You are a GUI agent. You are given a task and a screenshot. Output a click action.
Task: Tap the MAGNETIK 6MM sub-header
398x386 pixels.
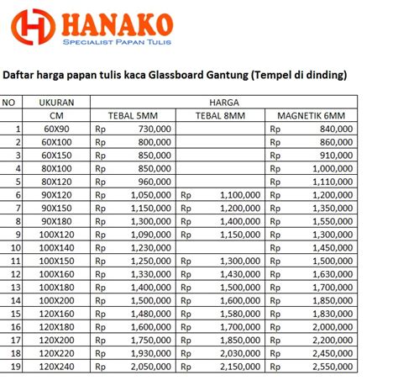(x=310, y=115)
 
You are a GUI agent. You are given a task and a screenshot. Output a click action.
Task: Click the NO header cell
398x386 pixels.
(x=11, y=102)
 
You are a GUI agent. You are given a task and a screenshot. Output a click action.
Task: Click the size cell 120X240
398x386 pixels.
(x=58, y=367)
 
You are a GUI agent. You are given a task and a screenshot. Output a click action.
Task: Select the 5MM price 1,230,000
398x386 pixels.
(x=152, y=248)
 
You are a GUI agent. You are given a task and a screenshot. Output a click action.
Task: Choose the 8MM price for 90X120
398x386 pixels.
(x=240, y=194)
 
